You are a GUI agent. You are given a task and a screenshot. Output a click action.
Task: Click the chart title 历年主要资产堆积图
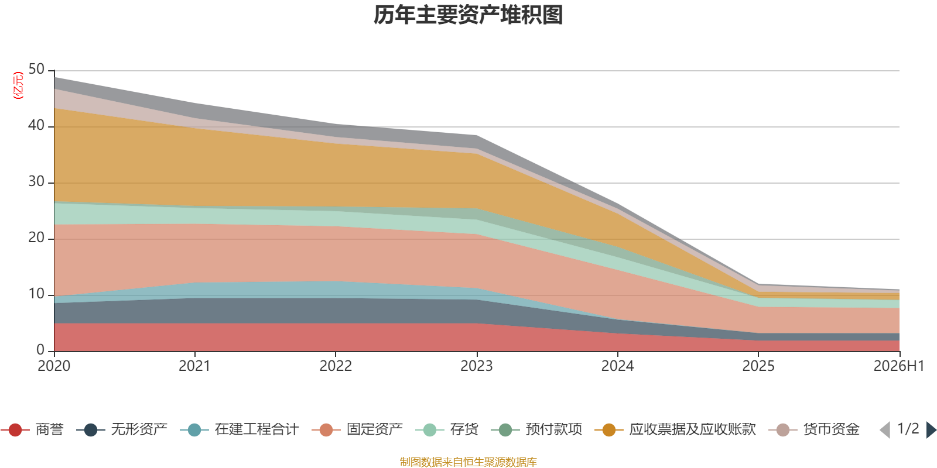[468, 15]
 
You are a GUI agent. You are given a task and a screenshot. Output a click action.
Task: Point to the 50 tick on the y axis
[36, 70]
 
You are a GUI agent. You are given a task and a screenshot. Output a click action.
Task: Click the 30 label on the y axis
[36, 182]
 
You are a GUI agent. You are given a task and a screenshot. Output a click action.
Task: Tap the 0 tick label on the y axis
[40, 350]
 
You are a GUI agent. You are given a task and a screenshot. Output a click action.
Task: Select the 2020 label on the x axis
[54, 366]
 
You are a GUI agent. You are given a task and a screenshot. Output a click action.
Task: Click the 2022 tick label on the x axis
[336, 366]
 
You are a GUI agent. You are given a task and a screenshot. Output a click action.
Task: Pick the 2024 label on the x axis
[617, 366]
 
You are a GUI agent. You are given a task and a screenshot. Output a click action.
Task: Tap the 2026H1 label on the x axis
[898, 366]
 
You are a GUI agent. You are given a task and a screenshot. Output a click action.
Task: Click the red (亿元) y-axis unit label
[18, 85]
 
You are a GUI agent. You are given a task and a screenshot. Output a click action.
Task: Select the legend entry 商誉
[32, 429]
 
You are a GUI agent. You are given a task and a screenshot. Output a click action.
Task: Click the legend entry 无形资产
[122, 429]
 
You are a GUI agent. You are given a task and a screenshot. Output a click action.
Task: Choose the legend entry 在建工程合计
[240, 429]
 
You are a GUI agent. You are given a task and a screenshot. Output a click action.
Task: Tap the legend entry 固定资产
[357, 429]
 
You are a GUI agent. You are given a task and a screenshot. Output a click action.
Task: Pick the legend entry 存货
[447, 429]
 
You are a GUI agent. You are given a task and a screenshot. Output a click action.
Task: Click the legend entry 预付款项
[536, 429]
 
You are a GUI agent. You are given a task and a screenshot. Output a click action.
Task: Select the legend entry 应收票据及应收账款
[675, 429]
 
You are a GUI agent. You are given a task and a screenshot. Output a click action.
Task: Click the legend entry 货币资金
[814, 429]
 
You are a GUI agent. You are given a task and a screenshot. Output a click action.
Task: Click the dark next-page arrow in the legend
[931, 430]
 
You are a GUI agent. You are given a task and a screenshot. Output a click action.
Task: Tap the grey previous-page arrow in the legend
[885, 430]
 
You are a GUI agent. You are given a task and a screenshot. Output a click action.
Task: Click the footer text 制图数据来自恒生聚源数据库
[468, 462]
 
